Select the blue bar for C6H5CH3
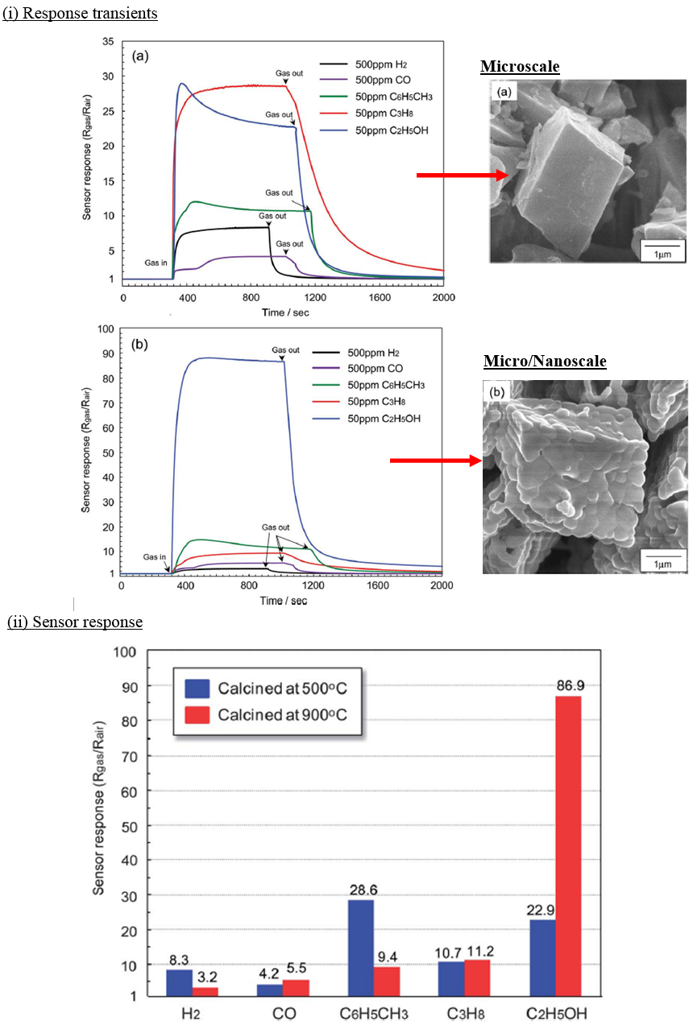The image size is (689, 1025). (x=360, y=948)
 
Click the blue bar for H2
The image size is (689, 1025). (x=179, y=982)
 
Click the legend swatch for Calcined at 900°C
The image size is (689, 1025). (x=197, y=716)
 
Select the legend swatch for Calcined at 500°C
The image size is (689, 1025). (x=197, y=688)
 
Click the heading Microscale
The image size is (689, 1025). (x=520, y=66)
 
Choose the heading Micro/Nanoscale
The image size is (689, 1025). (x=545, y=362)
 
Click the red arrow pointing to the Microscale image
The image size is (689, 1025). (x=462, y=174)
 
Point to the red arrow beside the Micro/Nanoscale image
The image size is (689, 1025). (x=435, y=461)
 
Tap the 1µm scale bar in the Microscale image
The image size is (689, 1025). (x=662, y=250)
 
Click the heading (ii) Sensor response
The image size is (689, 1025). (x=75, y=622)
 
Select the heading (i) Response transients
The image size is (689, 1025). (x=80, y=13)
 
